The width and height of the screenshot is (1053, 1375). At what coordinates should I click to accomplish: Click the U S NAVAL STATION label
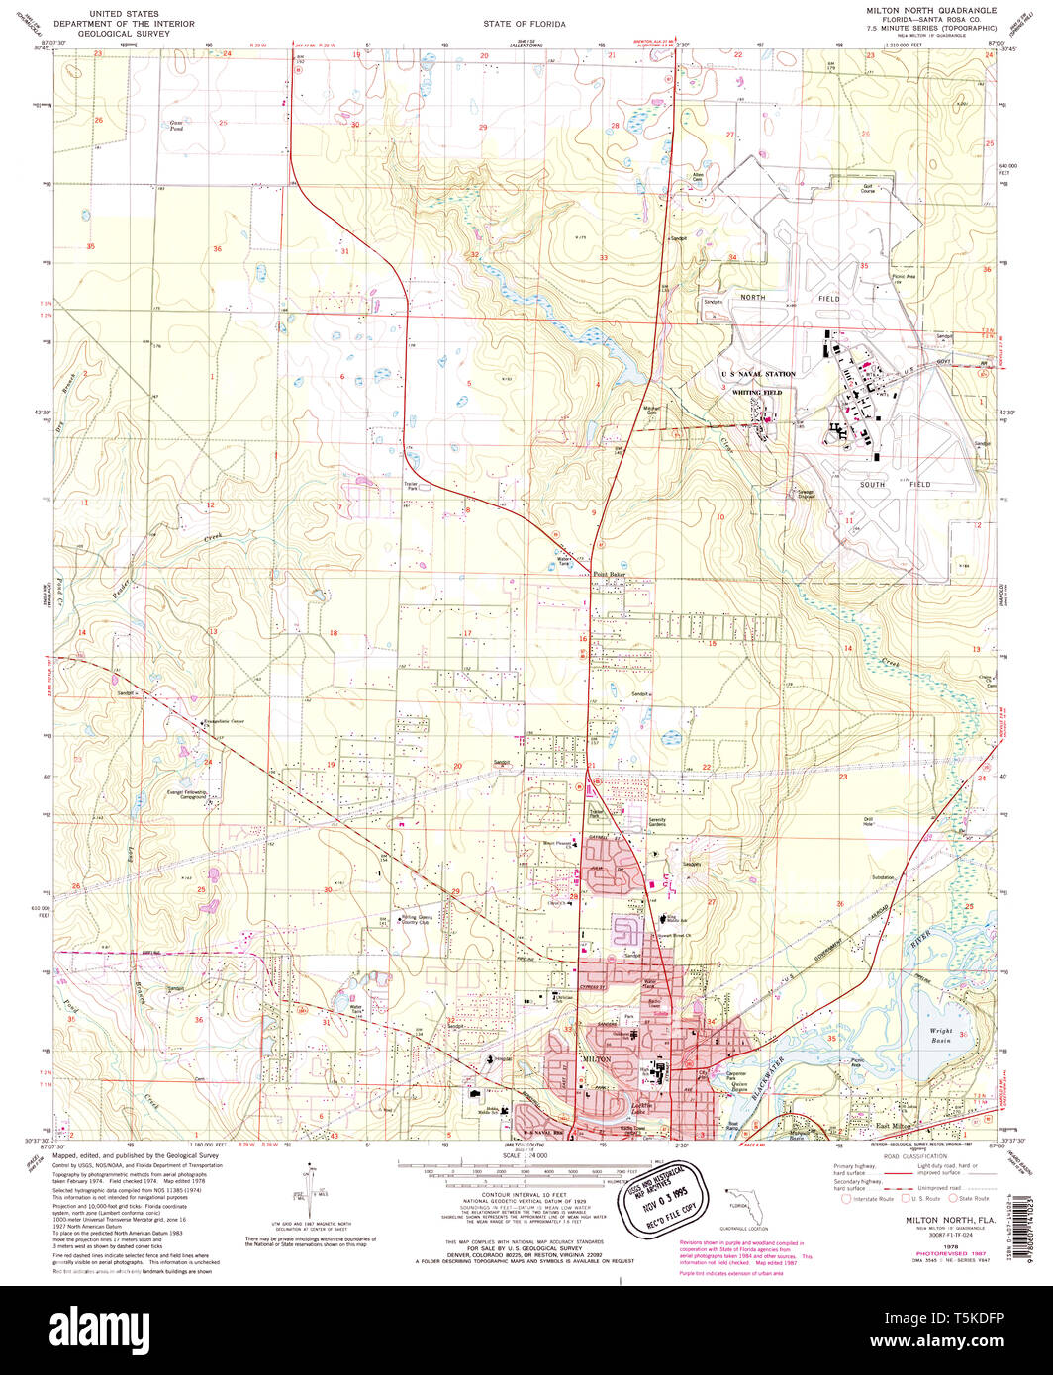758,374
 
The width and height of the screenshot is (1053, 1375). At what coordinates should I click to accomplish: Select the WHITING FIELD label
757,392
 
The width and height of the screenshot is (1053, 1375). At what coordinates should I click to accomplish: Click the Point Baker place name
610,574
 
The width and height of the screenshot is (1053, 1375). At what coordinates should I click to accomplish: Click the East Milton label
894,1126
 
